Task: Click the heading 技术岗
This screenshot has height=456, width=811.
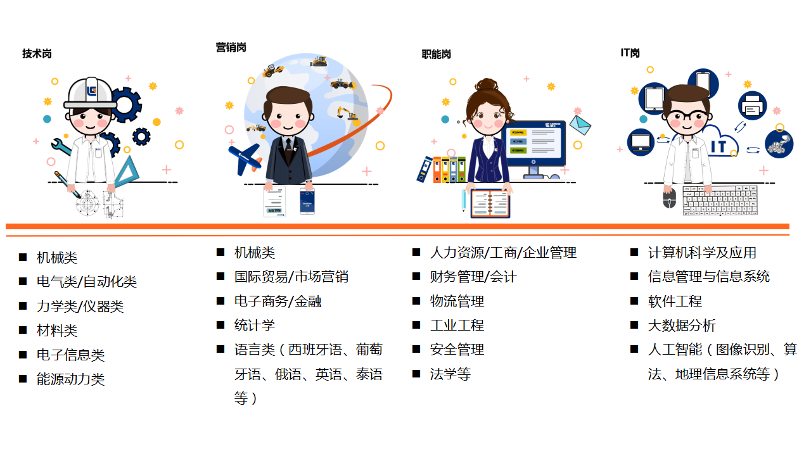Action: click(x=37, y=54)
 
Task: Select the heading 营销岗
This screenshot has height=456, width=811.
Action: click(x=231, y=47)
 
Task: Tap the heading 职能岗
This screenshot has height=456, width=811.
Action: click(x=436, y=54)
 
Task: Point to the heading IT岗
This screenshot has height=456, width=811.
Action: click(x=630, y=53)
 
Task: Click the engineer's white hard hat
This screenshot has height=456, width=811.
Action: click(x=90, y=93)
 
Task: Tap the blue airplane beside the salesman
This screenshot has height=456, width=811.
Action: click(x=245, y=158)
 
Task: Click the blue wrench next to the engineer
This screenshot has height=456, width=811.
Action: click(x=61, y=146)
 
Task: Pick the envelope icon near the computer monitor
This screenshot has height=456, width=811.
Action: click(x=579, y=125)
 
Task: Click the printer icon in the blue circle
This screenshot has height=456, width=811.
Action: click(x=752, y=106)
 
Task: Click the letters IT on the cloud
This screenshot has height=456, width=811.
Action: click(x=718, y=147)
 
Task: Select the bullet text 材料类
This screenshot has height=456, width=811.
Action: click(x=57, y=331)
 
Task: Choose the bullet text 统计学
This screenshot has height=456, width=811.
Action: click(x=255, y=326)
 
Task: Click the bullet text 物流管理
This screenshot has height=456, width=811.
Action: click(x=457, y=301)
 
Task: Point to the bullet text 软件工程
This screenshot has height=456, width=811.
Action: click(x=675, y=301)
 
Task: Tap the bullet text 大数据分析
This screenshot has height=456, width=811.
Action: click(x=682, y=326)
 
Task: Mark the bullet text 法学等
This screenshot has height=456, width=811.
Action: click(x=450, y=374)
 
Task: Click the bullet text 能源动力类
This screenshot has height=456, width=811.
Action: click(x=70, y=379)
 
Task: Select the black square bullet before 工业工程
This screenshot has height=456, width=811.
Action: click(x=416, y=325)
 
